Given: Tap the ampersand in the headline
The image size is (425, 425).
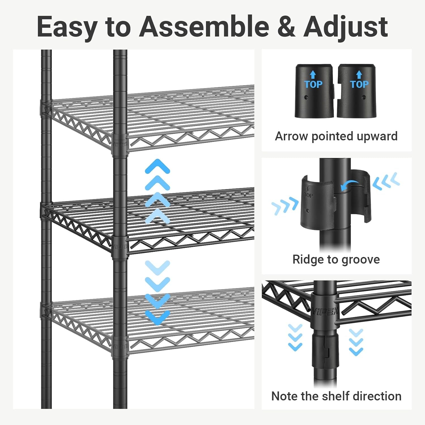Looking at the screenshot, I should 286,27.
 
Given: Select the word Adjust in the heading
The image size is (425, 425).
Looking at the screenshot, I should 345,27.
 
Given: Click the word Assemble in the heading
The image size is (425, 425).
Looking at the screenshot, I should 204,27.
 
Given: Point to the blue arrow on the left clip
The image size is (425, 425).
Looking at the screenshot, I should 313,75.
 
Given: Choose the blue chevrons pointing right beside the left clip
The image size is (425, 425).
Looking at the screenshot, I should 285,206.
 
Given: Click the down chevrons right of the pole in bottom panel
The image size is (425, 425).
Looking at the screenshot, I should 356,342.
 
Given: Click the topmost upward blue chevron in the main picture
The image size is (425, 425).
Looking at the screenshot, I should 157,166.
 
